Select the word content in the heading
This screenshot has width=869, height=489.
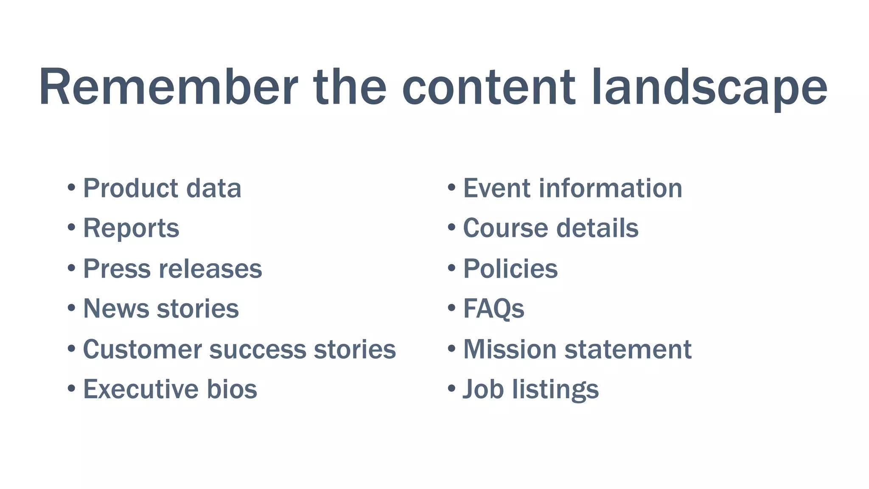[488, 87]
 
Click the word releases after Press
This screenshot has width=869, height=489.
[210, 269]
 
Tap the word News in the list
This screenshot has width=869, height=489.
[115, 309]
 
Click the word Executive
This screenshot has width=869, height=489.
[140, 389]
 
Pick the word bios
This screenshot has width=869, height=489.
[232, 389]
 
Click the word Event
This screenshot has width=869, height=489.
[496, 188]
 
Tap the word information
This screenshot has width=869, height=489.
[611, 188]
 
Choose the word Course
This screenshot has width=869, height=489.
[505, 228]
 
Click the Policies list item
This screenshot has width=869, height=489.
[510, 269]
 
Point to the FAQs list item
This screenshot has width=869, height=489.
[493, 309]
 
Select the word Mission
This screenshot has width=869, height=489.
[510, 349]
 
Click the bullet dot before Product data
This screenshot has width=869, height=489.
[72, 187]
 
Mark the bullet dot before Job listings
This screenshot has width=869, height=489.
[451, 388]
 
